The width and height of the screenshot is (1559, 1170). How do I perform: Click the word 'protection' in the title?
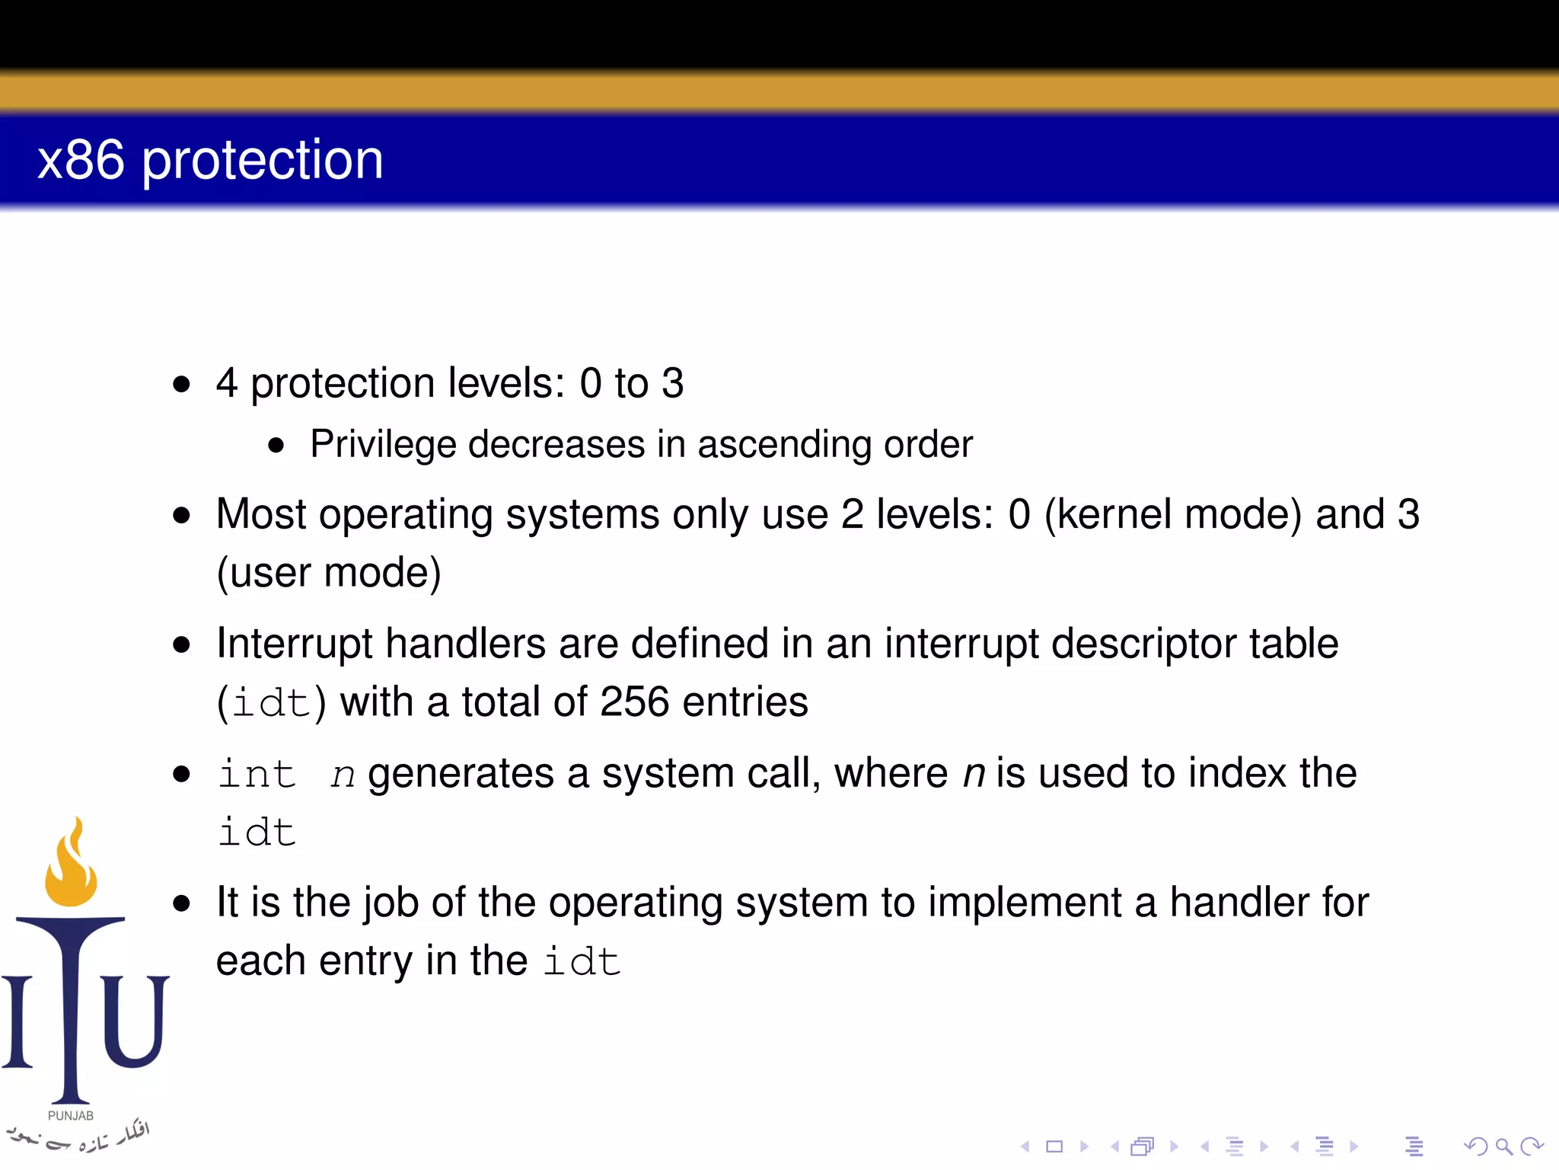(263, 161)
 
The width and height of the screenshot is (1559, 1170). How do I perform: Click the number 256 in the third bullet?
(634, 702)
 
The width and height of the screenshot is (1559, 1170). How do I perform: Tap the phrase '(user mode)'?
(328, 573)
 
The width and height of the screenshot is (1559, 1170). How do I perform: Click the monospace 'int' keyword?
(257, 775)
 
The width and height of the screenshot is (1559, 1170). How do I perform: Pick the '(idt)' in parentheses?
(271, 702)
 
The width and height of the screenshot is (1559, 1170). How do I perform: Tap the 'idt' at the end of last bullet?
(582, 961)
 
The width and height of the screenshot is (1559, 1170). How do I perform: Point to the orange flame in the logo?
(71, 868)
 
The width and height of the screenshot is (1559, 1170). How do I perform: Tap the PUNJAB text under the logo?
(71, 1116)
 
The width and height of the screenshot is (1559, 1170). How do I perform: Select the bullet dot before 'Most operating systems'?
(181, 516)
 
